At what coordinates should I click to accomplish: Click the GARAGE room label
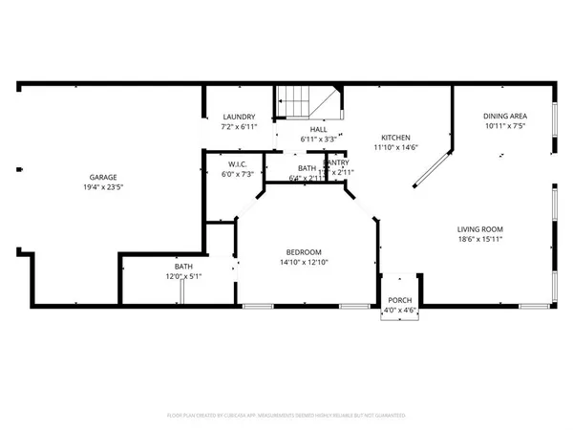(103, 178)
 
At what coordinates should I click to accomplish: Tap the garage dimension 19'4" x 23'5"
(103, 188)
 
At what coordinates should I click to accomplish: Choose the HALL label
(318, 129)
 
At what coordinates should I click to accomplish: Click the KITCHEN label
(396, 137)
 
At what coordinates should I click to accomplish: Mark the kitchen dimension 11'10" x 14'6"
(396, 146)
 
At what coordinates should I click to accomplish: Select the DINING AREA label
(503, 117)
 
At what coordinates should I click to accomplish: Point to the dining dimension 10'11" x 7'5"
(503, 126)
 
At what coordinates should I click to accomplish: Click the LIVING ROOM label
(479, 229)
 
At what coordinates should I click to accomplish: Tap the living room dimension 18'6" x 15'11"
(479, 240)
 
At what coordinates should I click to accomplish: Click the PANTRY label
(336, 162)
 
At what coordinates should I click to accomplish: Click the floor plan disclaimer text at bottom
(286, 416)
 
